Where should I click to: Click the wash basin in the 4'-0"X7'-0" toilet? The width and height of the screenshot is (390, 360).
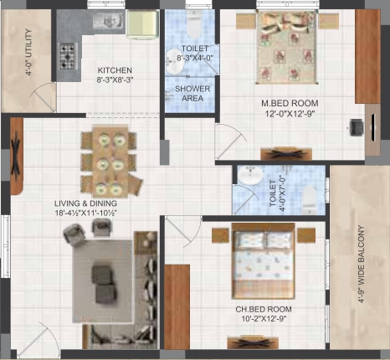[x=249, y=177]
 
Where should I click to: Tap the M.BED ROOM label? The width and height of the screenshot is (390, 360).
[x=290, y=104]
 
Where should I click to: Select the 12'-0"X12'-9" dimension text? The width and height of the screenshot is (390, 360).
[x=290, y=116]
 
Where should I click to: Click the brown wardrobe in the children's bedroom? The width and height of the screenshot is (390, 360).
[x=177, y=306]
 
